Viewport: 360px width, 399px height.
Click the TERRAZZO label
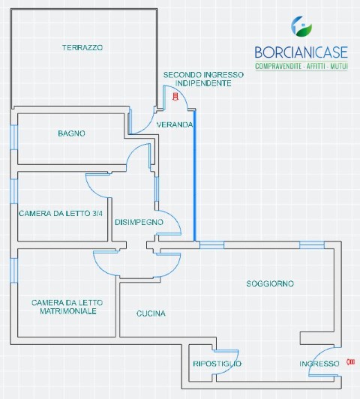coord(82,47)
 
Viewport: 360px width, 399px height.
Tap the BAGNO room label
coord(71,133)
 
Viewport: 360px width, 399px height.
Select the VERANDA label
coord(175,124)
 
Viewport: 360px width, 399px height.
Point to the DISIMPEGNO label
coord(139,222)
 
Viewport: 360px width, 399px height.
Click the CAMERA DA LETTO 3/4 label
coord(61,213)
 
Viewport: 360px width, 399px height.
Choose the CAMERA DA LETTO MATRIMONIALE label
coord(67,307)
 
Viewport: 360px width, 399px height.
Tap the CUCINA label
coord(151,313)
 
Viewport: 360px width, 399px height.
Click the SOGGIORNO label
coord(270,283)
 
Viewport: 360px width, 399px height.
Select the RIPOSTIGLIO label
coord(217,364)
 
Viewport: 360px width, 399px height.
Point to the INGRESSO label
coord(319,364)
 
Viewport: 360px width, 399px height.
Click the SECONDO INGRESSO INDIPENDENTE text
coord(203,79)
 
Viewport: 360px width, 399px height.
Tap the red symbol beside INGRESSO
coord(351,361)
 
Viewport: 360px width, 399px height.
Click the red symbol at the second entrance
coord(175,97)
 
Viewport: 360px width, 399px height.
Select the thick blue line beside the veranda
coord(195,175)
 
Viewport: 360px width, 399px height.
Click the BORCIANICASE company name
coord(301,52)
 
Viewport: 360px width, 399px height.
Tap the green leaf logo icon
coord(301,26)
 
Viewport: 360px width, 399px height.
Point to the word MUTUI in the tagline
coord(339,67)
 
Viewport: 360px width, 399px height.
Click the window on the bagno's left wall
coord(14,137)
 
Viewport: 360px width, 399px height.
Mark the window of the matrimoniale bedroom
coord(14,270)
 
